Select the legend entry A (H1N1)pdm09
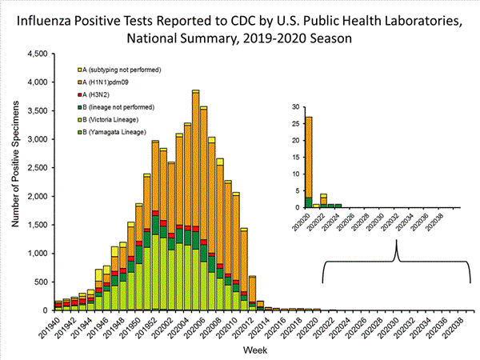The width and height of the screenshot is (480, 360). (117, 82)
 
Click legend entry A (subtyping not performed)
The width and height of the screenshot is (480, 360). (124, 70)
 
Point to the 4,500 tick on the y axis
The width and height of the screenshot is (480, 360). (35, 54)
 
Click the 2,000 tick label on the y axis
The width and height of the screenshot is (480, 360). (35, 196)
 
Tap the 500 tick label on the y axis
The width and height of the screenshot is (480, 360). (39, 282)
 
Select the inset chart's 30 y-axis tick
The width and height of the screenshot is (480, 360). (296, 107)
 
